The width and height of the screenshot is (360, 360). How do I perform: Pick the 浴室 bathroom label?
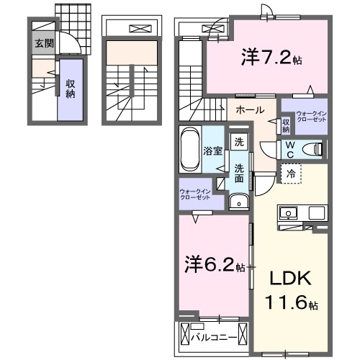(211, 151)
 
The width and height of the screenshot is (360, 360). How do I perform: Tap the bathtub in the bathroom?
(190, 150)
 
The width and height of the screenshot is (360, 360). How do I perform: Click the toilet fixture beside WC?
(312, 149)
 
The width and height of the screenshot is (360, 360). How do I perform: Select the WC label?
(289, 149)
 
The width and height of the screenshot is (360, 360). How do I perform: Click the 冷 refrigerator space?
(289, 174)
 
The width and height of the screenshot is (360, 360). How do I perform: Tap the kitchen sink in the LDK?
(289, 213)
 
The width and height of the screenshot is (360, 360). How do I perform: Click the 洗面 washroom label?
(238, 173)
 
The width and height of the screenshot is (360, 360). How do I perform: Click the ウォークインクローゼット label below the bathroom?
(195, 194)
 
